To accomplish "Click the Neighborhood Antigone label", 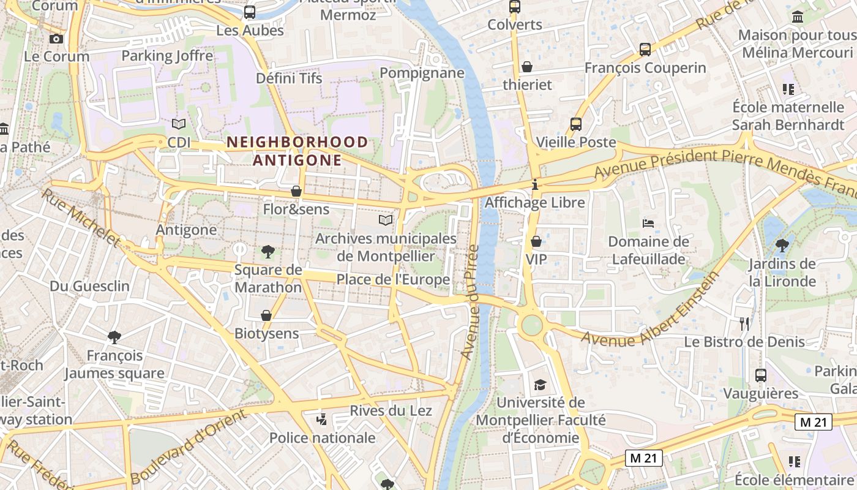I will click(298, 151).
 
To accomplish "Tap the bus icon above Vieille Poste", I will click(575, 124).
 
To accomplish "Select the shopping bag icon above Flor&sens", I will click(296, 191).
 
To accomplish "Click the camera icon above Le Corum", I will click(56, 39).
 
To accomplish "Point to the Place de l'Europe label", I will click(393, 280).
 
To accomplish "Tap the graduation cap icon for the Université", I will click(540, 385).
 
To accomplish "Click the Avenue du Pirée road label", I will click(470, 303).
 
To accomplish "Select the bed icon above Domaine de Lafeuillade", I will click(648, 224).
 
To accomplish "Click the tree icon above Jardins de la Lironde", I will click(782, 246).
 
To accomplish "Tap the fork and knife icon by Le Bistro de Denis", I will click(744, 323).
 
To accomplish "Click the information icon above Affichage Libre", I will click(535, 184).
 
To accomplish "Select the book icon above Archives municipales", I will click(386, 220).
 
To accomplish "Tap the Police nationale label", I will click(322, 437).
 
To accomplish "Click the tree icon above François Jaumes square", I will click(114, 337).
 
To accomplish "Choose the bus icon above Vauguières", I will click(760, 375).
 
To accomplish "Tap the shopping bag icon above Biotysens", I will click(266, 315).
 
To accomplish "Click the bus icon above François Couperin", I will click(645, 49).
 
